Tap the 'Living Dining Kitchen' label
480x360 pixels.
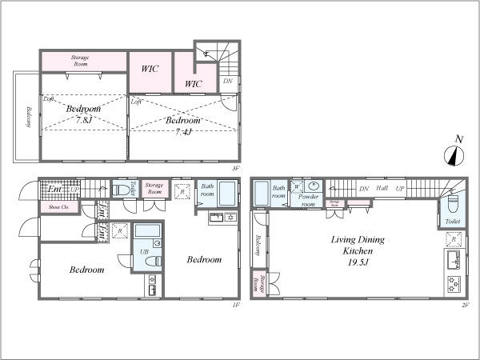351,245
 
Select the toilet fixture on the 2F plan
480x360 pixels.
452,204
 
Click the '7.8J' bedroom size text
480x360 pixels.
84,119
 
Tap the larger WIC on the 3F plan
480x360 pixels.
150,68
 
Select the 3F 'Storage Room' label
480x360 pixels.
79,59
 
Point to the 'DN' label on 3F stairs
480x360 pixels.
227,81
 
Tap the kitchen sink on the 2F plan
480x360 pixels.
453,258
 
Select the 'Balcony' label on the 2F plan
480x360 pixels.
258,244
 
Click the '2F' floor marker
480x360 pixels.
464,303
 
